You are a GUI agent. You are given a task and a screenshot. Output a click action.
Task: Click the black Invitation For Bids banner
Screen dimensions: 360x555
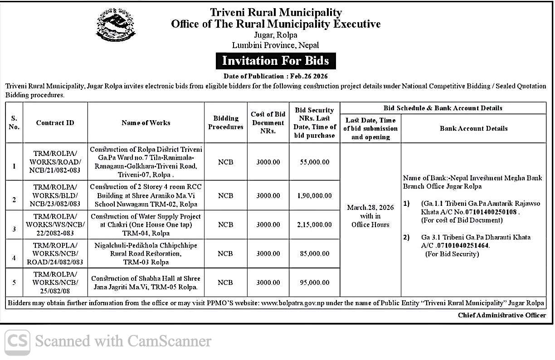275,61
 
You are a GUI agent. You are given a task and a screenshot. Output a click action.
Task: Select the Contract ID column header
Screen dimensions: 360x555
55,123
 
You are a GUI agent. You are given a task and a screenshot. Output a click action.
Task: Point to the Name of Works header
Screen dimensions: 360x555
146,123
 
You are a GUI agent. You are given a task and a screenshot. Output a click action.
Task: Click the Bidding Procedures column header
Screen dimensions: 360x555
225,123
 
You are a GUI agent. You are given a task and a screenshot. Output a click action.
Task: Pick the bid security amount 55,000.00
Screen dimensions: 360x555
314,162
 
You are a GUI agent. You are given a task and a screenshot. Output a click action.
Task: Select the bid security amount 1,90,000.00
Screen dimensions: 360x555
314,195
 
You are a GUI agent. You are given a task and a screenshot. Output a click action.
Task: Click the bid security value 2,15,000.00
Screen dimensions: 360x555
314,224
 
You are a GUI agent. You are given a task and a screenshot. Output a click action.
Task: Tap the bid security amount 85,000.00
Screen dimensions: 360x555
314,253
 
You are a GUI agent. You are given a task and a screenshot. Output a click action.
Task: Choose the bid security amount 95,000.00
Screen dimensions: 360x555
314,282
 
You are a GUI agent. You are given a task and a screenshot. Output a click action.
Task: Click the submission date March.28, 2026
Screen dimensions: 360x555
370,208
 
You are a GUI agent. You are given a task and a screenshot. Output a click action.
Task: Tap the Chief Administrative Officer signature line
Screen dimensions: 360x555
501,315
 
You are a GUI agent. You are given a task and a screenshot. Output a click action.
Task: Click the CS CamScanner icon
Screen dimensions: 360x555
18,341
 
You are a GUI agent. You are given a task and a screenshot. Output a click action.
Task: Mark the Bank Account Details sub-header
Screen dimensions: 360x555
473,129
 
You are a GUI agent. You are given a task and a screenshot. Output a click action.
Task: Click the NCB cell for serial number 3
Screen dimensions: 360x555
225,224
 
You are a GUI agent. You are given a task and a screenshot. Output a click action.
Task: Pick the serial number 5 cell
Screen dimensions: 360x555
14,282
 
